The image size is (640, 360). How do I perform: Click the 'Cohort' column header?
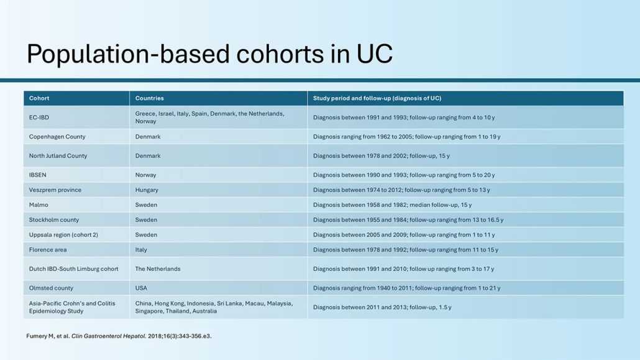pos(39,98)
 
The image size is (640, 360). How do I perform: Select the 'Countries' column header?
pos(149,98)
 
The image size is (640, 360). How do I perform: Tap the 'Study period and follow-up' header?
pos(377,98)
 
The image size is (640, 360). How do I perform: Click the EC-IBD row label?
pos(39,118)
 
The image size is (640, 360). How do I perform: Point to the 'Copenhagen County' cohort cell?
pos(57,137)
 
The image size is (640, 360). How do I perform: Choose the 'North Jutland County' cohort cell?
pos(58,155)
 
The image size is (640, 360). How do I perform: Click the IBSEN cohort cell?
pos(37,175)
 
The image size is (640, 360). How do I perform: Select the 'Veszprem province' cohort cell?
pos(55,190)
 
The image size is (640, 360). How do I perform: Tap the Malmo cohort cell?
pos(39,205)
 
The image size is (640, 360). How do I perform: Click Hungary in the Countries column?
pos(147,190)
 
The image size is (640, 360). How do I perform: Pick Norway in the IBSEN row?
pos(146,175)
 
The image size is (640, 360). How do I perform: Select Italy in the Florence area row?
pos(141,250)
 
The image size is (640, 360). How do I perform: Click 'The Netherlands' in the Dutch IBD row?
pos(158,269)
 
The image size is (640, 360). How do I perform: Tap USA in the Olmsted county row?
pos(141,288)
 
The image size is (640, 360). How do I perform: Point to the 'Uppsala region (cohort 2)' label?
pos(63,235)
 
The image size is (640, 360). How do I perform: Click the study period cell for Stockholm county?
pos(408,220)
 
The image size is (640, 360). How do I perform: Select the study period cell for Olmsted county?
pos(406,288)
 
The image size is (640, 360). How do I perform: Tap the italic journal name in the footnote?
pos(109,336)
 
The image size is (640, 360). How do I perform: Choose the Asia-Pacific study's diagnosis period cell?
pos(382,307)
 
